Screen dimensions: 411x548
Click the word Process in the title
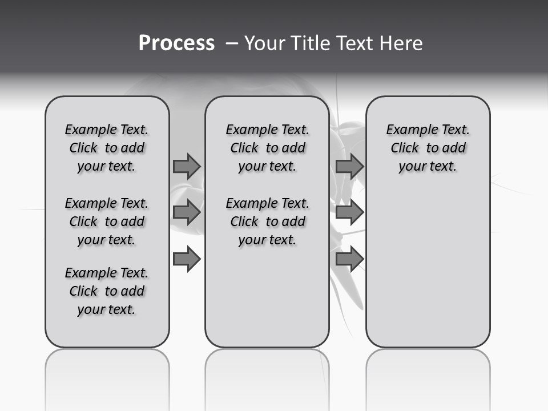pos(176,43)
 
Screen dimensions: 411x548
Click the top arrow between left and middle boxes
pos(187,166)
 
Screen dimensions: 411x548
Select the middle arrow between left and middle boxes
pos(187,212)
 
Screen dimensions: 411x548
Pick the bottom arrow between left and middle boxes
pos(187,259)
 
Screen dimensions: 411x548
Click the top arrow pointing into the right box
pos(349,166)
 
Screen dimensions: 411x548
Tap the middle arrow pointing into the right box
pos(349,212)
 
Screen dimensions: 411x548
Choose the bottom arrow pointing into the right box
pos(349,259)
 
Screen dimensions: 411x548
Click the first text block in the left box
pos(107,148)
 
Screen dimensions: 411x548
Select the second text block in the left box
pos(107,221)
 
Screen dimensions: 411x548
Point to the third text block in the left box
pos(107,291)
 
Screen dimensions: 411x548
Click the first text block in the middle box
pos(267,148)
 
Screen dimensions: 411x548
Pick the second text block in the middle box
pos(267,221)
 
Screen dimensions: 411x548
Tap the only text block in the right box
pos(428,148)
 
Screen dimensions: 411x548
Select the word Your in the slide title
pos(264,43)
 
